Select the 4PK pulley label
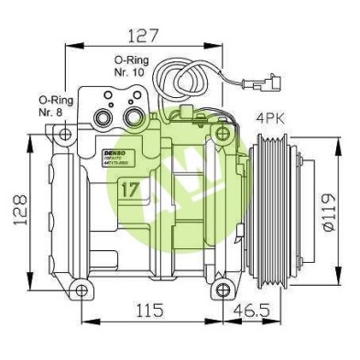tap(271, 118)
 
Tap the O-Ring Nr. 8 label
tap(53, 106)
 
